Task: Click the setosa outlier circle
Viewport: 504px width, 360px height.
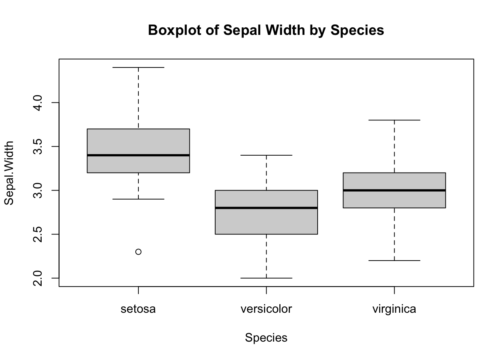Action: click(138, 252)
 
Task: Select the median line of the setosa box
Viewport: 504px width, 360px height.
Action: click(138, 155)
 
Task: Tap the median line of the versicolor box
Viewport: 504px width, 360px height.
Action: click(266, 208)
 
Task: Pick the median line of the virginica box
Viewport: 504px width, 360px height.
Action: click(394, 190)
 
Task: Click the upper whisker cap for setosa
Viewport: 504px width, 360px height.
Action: click(138, 67)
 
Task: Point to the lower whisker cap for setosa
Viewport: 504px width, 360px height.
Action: click(138, 199)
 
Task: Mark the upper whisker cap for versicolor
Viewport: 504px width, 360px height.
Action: click(266, 155)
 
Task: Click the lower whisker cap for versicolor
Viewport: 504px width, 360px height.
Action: click(266, 278)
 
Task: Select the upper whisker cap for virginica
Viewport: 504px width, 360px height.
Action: click(394, 120)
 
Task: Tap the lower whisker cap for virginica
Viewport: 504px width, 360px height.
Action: click(394, 260)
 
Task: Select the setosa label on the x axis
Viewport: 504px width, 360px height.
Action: click(138, 309)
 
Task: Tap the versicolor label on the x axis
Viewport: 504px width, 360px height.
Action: click(266, 309)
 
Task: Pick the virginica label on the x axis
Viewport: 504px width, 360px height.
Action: click(394, 309)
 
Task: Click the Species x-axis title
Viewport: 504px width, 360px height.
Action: click(266, 338)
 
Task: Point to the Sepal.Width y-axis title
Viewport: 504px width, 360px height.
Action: click(9, 173)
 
